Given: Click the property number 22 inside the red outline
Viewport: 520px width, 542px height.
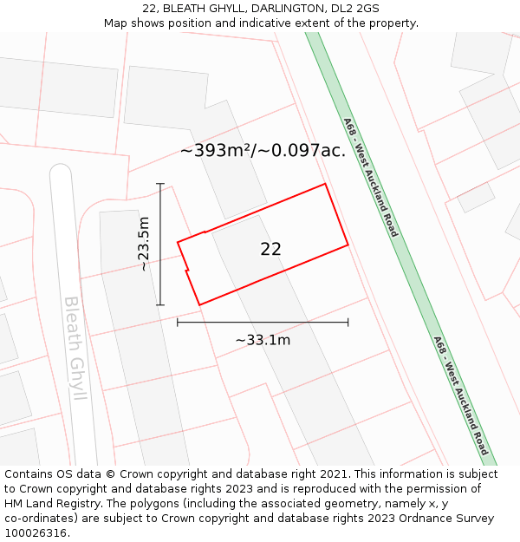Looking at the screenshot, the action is (270, 250).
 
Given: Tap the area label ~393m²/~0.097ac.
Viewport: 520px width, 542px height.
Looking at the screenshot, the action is (263, 150).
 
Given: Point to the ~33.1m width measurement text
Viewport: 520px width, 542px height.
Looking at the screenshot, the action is (263, 340).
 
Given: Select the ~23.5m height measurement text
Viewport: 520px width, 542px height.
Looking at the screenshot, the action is (144, 244).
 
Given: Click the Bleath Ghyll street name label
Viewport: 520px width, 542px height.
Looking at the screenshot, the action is (76, 348).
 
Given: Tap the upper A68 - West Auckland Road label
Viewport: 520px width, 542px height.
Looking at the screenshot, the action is (370, 177).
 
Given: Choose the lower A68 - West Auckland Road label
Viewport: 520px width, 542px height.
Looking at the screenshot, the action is (461, 395).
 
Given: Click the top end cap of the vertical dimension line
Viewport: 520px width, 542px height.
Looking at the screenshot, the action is (160, 184).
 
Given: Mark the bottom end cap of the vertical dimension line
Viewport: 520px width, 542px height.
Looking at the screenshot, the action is (160, 305).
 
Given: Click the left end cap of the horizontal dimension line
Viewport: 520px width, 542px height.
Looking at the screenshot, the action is (178, 322).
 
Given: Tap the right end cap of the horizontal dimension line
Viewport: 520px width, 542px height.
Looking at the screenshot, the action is (348, 322).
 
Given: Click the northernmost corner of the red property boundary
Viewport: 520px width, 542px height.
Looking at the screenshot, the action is (325, 184).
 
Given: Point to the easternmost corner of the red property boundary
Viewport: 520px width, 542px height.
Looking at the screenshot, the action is (348, 245).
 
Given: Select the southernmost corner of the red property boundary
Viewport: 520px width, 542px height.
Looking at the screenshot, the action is (200, 304).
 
